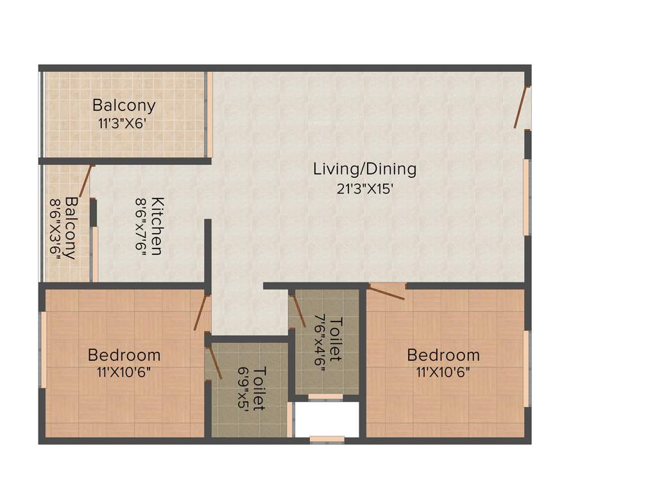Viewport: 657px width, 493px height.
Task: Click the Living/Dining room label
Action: coord(364,169)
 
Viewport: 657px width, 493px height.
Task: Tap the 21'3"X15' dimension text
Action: coord(364,190)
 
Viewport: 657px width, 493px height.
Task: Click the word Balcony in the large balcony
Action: coord(124,105)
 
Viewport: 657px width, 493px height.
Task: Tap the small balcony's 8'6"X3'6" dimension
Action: coord(55,228)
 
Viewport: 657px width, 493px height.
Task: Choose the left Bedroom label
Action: coord(124,354)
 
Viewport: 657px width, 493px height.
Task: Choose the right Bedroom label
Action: coord(443,354)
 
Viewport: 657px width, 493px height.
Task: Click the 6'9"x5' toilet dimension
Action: coord(244,389)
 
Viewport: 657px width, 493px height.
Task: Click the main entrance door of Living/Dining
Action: coord(520,107)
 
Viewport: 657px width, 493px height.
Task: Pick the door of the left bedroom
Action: coord(201,313)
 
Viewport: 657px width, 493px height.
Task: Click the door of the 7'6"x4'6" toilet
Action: coord(297,310)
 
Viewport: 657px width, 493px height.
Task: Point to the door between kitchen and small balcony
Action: coord(86,181)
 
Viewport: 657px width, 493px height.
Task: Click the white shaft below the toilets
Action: coord(326,420)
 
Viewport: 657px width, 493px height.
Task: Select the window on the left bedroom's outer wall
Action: coord(44,349)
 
